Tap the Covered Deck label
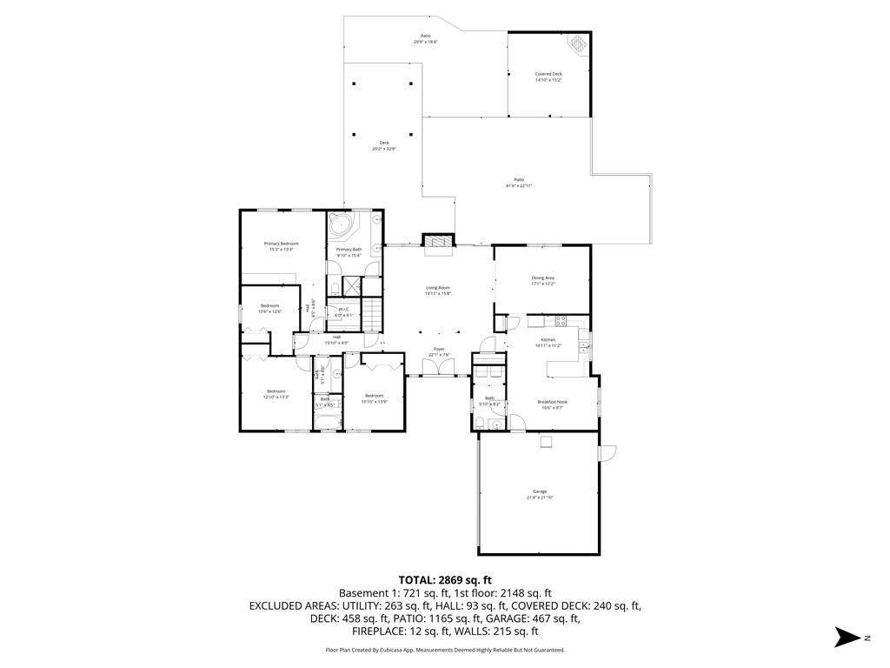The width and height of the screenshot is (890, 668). click(x=548, y=74)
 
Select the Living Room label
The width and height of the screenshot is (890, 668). click(x=438, y=288)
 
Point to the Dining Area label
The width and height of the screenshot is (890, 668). click(x=543, y=277)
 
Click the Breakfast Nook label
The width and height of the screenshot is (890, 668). click(x=552, y=402)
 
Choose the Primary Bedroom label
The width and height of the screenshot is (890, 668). click(x=282, y=244)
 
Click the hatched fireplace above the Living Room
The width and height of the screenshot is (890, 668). click(x=438, y=241)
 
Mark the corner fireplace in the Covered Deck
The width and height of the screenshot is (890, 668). click(x=578, y=43)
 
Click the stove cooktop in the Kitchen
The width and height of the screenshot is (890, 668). click(x=561, y=320)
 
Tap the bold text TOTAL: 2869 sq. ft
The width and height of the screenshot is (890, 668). click(x=445, y=579)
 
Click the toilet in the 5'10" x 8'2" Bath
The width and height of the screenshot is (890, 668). click(x=480, y=423)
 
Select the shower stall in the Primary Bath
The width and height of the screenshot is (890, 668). click(x=353, y=287)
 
